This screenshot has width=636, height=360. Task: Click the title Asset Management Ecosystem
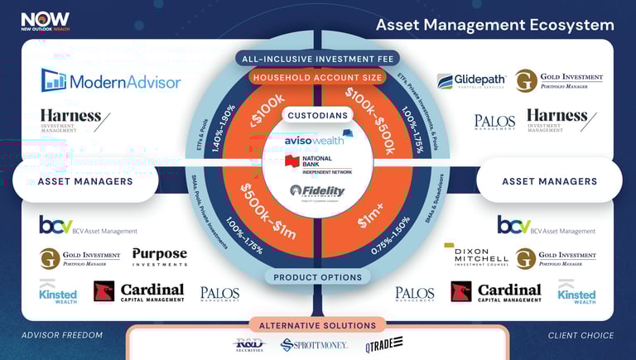pos(494,24)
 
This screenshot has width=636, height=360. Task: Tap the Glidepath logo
pos(468,81)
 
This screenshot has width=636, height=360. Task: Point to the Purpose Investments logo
pos(159,257)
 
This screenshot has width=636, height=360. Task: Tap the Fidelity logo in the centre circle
pos(318,191)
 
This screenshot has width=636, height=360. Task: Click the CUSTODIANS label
pos(318,115)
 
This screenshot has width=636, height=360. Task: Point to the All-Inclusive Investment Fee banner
pos(318,59)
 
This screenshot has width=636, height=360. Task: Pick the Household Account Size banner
pos(318,78)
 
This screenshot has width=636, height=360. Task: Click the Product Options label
pos(318,277)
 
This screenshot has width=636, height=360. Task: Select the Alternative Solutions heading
pos(318,325)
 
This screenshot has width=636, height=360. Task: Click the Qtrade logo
pos(384,343)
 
